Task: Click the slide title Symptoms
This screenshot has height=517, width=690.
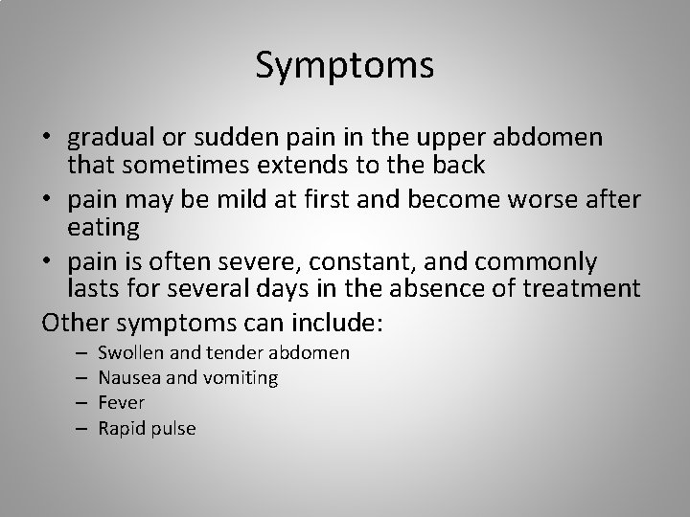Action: point(345,66)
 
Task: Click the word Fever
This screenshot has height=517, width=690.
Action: point(122,403)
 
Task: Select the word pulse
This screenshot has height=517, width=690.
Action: point(173,429)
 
